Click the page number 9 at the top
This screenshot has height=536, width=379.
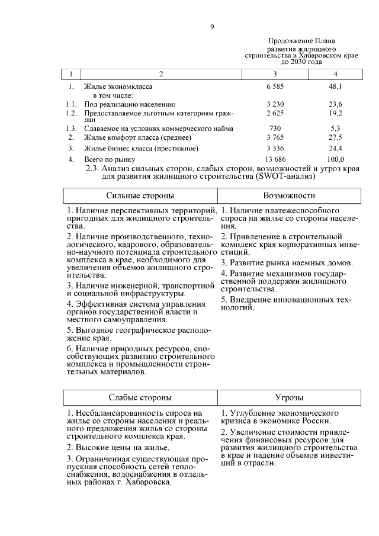(212, 26)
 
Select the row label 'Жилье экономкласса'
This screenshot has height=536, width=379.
(117, 86)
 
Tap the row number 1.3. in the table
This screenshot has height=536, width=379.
(71, 128)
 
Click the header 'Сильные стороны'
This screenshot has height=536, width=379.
(140, 195)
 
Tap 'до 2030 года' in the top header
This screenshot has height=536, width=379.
(301, 61)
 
